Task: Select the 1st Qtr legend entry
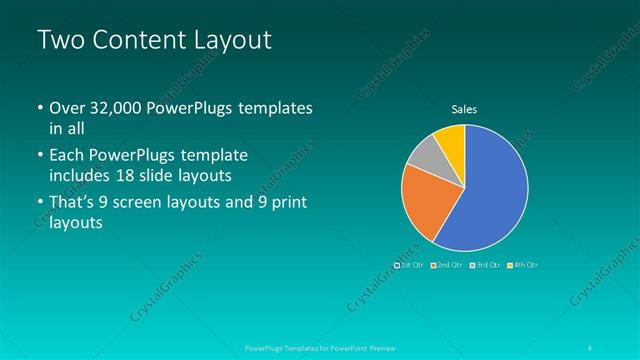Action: pos(411,265)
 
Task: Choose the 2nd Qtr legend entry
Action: pos(448,265)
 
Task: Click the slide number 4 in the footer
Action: pos(594,348)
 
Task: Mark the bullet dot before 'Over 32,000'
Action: pos(40,108)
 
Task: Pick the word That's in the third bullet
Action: pos(72,204)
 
